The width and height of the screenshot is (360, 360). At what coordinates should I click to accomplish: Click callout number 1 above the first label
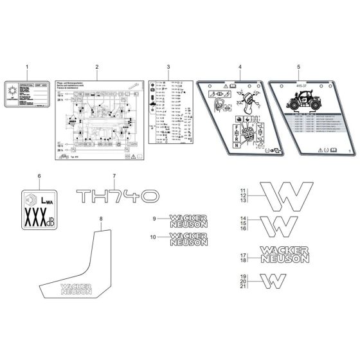click(26, 67)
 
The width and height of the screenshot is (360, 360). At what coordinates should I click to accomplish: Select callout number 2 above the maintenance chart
click(96, 67)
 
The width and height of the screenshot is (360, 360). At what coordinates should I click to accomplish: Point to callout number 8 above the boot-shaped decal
click(100, 220)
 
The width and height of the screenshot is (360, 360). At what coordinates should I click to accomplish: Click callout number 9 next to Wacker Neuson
click(154, 220)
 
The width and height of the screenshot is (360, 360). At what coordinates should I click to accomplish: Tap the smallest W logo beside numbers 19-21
click(276, 280)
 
